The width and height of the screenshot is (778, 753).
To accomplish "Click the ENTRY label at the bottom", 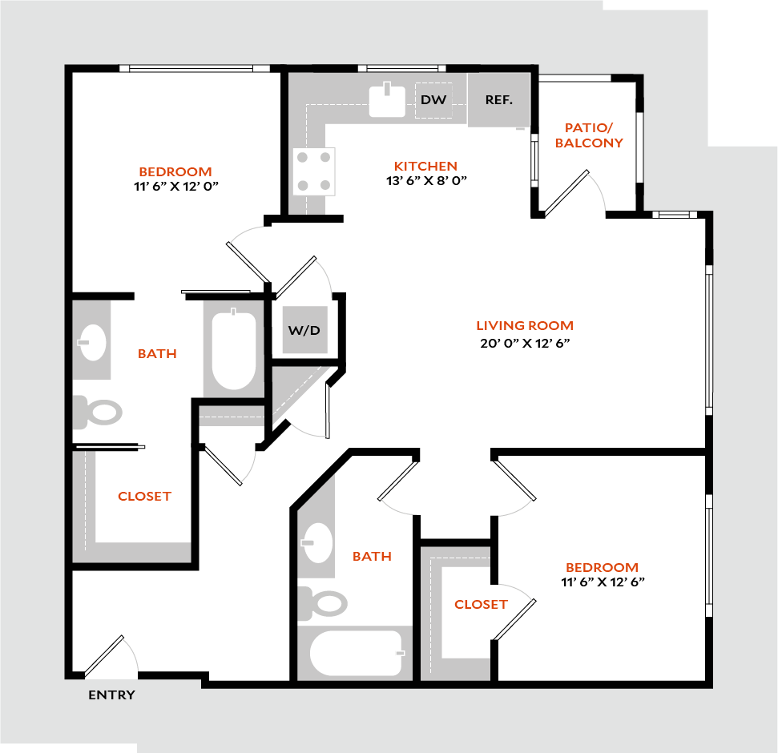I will tap(111, 695).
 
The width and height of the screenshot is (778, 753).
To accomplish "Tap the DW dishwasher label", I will tap(433, 100).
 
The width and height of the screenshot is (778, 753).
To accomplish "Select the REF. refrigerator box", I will tap(498, 100).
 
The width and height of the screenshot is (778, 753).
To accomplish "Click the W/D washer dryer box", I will tap(304, 330).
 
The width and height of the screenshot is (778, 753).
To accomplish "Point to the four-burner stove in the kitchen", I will tap(314, 171).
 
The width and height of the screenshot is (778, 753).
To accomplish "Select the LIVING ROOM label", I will tap(525, 325).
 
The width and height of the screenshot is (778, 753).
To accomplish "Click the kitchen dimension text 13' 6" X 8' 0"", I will tap(426, 181).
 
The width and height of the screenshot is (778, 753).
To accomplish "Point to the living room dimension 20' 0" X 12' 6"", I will tap(525, 342).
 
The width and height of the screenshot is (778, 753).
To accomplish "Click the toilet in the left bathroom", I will tap(99, 412).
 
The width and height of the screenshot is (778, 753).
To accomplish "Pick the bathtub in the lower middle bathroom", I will tap(357, 653).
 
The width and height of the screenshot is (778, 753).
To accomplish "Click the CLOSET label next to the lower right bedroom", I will tap(481, 604).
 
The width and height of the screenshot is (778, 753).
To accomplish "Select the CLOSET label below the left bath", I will tap(144, 497).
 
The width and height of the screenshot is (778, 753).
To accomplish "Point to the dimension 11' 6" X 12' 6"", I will tap(603, 582).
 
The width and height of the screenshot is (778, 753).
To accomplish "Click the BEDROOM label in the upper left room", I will tap(175, 171).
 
